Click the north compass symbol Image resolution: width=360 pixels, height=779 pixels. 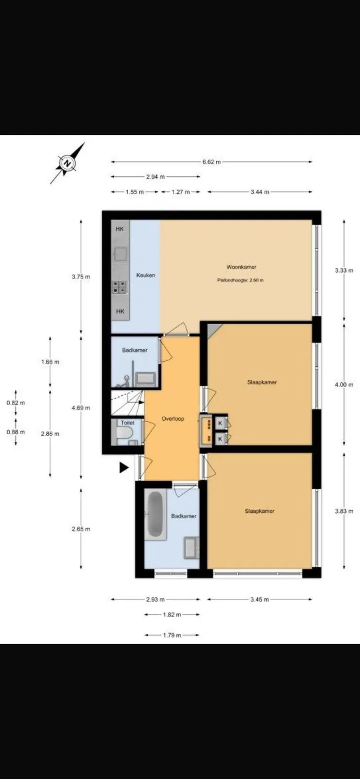pos(68,163)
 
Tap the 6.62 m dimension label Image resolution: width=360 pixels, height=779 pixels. pos(211,162)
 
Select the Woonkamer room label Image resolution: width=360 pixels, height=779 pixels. pos(242,267)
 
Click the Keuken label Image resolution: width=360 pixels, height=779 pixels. pos(146,275)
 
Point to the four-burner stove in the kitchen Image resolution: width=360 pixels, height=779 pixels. pos(119,287)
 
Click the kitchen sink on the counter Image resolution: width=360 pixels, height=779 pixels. pos(120,254)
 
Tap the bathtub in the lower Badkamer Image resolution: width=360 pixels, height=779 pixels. pos(156,514)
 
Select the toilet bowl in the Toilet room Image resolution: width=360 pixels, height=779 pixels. pos(124,433)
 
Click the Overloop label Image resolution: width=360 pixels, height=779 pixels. pos(173,419)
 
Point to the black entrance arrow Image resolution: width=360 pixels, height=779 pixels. pos(124,468)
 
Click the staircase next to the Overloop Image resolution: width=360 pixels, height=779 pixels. pos(127,402)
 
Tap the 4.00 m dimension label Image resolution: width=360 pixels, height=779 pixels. pos(344,385)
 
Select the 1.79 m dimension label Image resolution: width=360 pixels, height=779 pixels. pos(172,635)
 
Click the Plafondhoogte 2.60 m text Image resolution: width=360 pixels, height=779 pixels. pos(240,280)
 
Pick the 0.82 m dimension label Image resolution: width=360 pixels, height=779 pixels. pos(16,403)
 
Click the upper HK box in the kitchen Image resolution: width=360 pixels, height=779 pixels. pos(120,229)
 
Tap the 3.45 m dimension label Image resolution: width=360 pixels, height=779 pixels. pos(260,599)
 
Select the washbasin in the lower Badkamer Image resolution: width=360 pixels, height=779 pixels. pos(191,548)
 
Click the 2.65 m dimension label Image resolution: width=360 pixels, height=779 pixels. pos(81,529)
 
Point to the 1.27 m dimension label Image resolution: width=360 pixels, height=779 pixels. pos(181,192)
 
